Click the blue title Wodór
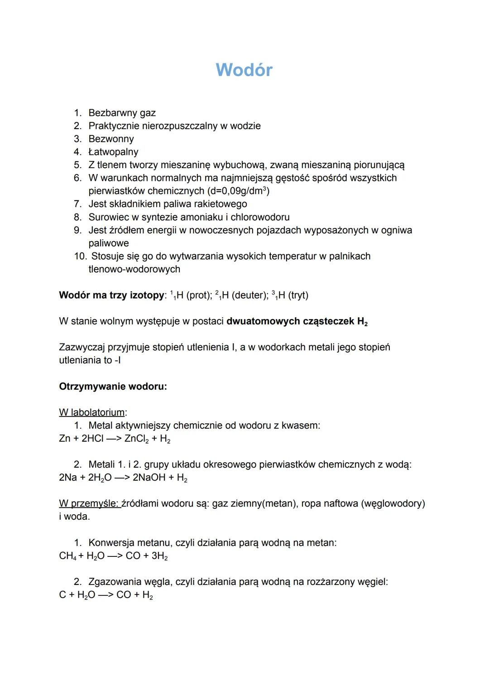coord(244,70)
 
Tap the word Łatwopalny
coord(113,152)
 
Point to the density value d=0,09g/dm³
coord(237,191)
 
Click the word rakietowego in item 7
coord(221,204)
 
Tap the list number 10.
coord(80,256)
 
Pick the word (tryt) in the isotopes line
coord(297,295)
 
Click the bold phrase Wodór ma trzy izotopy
coord(111,295)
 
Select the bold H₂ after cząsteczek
coord(362,322)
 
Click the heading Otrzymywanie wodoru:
coord(113,387)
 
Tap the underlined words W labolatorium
coord(91,413)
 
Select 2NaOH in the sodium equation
coord(149,478)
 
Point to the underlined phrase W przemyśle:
coord(89,504)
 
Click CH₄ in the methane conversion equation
coord(67,556)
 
